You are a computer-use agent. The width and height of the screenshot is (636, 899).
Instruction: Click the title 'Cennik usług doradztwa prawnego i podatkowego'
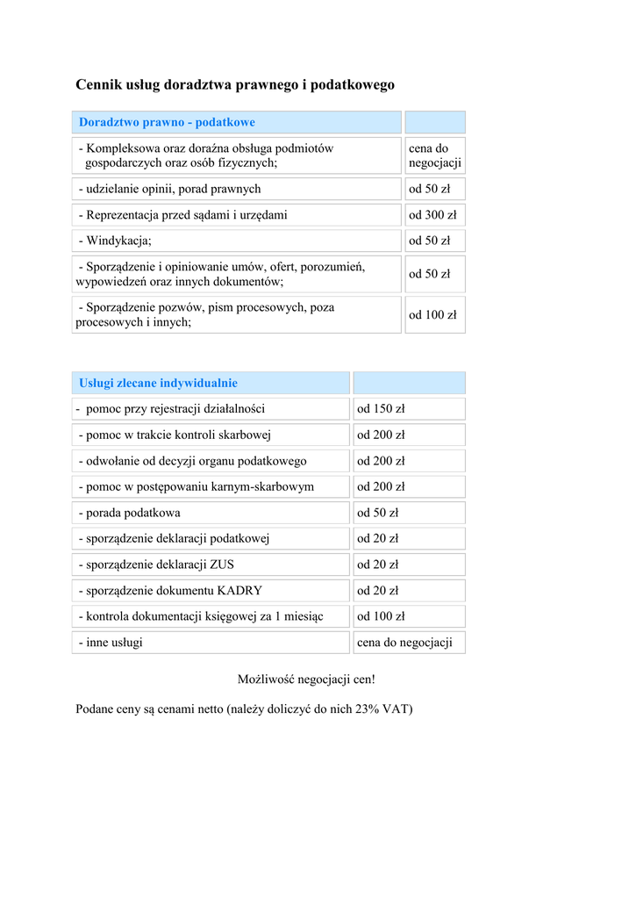click(235, 85)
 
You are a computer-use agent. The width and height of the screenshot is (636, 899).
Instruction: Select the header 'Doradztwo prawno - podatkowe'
click(167, 122)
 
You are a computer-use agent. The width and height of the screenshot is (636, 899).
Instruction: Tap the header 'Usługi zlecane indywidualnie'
click(158, 383)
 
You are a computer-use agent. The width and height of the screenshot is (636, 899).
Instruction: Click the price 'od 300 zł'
click(432, 215)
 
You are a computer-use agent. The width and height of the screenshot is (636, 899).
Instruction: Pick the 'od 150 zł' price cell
click(381, 409)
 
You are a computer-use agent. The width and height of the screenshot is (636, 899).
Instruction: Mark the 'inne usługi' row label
click(111, 643)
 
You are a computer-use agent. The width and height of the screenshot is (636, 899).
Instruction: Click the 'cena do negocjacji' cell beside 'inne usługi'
click(404, 643)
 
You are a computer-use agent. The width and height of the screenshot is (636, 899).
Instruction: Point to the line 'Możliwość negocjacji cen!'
click(306, 680)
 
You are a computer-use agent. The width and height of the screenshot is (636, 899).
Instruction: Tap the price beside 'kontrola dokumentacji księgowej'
click(381, 616)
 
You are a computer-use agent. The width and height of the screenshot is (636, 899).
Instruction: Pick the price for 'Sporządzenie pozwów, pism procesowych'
click(432, 315)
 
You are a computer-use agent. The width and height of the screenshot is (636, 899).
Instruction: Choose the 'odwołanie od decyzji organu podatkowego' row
click(192, 461)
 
